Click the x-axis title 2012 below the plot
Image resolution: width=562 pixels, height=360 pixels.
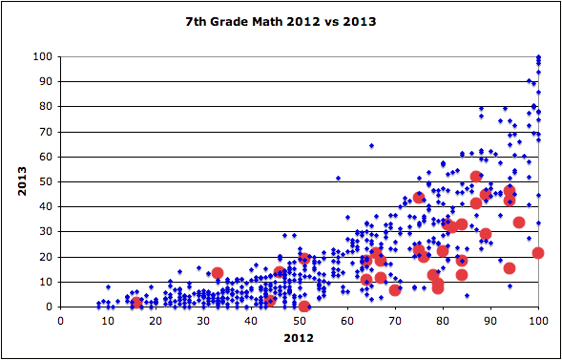(299, 339)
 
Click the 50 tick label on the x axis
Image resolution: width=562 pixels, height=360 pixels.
(299, 320)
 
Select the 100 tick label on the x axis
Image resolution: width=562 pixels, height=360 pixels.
(538, 320)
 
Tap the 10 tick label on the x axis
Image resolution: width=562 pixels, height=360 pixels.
(108, 320)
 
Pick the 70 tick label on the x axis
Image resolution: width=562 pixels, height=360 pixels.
(395, 320)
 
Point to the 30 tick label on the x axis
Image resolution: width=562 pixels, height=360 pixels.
(203, 320)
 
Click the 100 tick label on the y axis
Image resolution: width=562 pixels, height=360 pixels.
(41, 56)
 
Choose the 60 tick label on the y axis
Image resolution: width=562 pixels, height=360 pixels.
(44, 157)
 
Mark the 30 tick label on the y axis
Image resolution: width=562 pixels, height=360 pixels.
(44, 232)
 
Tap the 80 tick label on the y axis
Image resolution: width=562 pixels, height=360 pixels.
(44, 107)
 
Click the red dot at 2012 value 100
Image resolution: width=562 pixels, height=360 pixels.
(538, 253)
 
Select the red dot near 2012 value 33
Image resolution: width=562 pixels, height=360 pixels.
(218, 273)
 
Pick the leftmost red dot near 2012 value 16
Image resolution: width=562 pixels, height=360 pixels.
(136, 303)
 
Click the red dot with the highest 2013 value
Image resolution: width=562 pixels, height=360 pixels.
(476, 177)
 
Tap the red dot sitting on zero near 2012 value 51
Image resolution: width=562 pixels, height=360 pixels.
(304, 307)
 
